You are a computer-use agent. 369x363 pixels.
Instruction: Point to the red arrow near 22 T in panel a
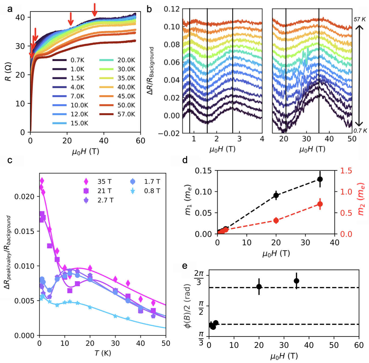click(71, 19)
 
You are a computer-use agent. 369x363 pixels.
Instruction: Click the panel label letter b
click(149, 9)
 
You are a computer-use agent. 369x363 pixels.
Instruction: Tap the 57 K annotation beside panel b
click(360, 19)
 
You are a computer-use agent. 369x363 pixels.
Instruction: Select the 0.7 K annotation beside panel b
click(360, 131)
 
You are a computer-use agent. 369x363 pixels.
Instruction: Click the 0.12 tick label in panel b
click(172, 9)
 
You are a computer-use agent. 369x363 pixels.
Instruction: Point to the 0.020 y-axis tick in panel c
click(25, 197)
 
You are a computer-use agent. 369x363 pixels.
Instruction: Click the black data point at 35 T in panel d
click(320, 179)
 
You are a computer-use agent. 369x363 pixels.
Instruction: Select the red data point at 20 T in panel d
click(276, 220)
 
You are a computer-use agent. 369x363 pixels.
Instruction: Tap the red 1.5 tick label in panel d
click(346, 171)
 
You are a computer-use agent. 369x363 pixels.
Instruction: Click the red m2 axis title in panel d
click(361, 199)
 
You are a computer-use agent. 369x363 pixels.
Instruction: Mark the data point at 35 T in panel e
click(296, 281)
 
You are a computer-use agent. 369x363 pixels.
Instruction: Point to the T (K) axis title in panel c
click(103, 353)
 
